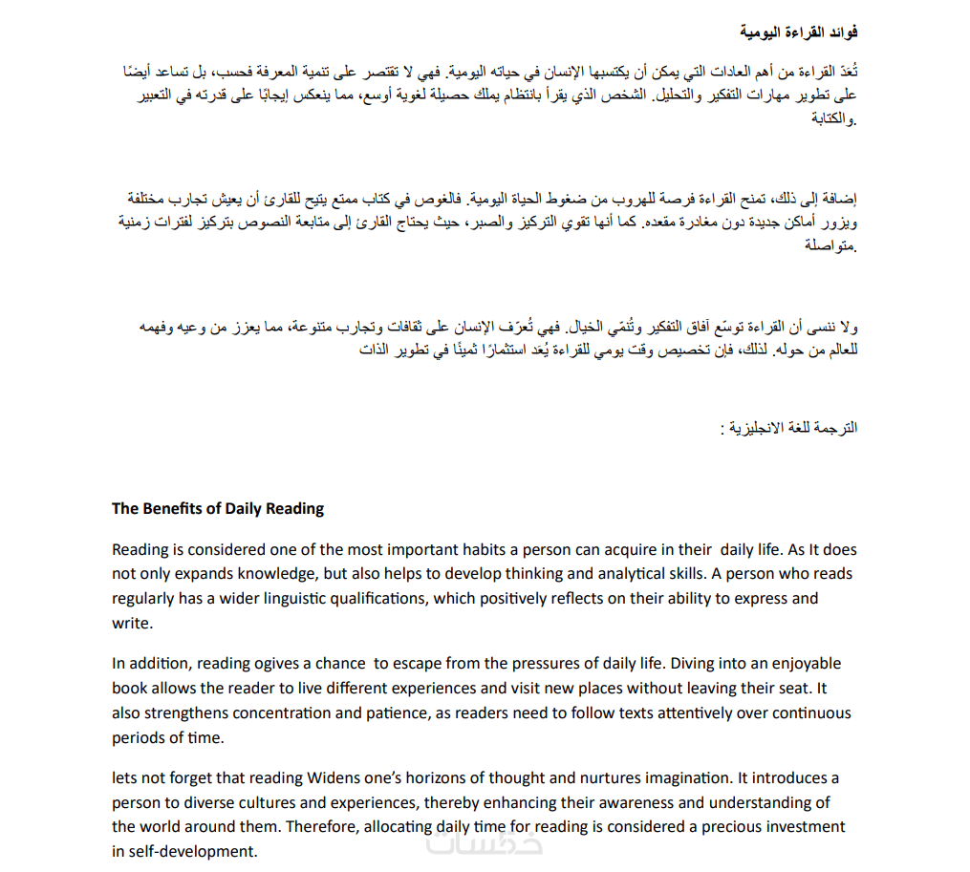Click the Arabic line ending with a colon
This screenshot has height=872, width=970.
(x=788, y=428)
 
